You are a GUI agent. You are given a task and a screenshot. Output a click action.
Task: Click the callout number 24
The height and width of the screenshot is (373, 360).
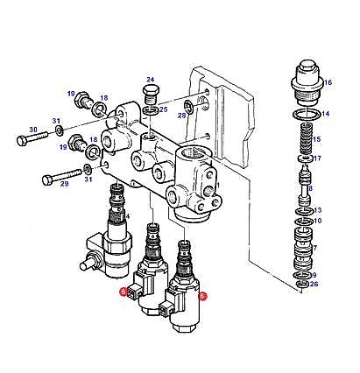pyautogui.click(x=150, y=78)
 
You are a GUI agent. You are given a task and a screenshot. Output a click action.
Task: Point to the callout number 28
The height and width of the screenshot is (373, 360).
pyautogui.click(x=182, y=115)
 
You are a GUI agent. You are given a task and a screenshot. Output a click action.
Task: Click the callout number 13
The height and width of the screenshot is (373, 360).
pyautogui.click(x=318, y=210)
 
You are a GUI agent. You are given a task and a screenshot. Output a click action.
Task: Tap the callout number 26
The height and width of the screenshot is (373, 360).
pyautogui.click(x=315, y=284)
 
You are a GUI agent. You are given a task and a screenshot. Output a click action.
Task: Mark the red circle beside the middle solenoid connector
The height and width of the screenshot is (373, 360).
pyautogui.click(x=124, y=292)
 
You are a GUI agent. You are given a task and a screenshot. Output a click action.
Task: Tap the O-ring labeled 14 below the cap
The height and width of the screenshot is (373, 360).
pyautogui.click(x=304, y=115)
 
